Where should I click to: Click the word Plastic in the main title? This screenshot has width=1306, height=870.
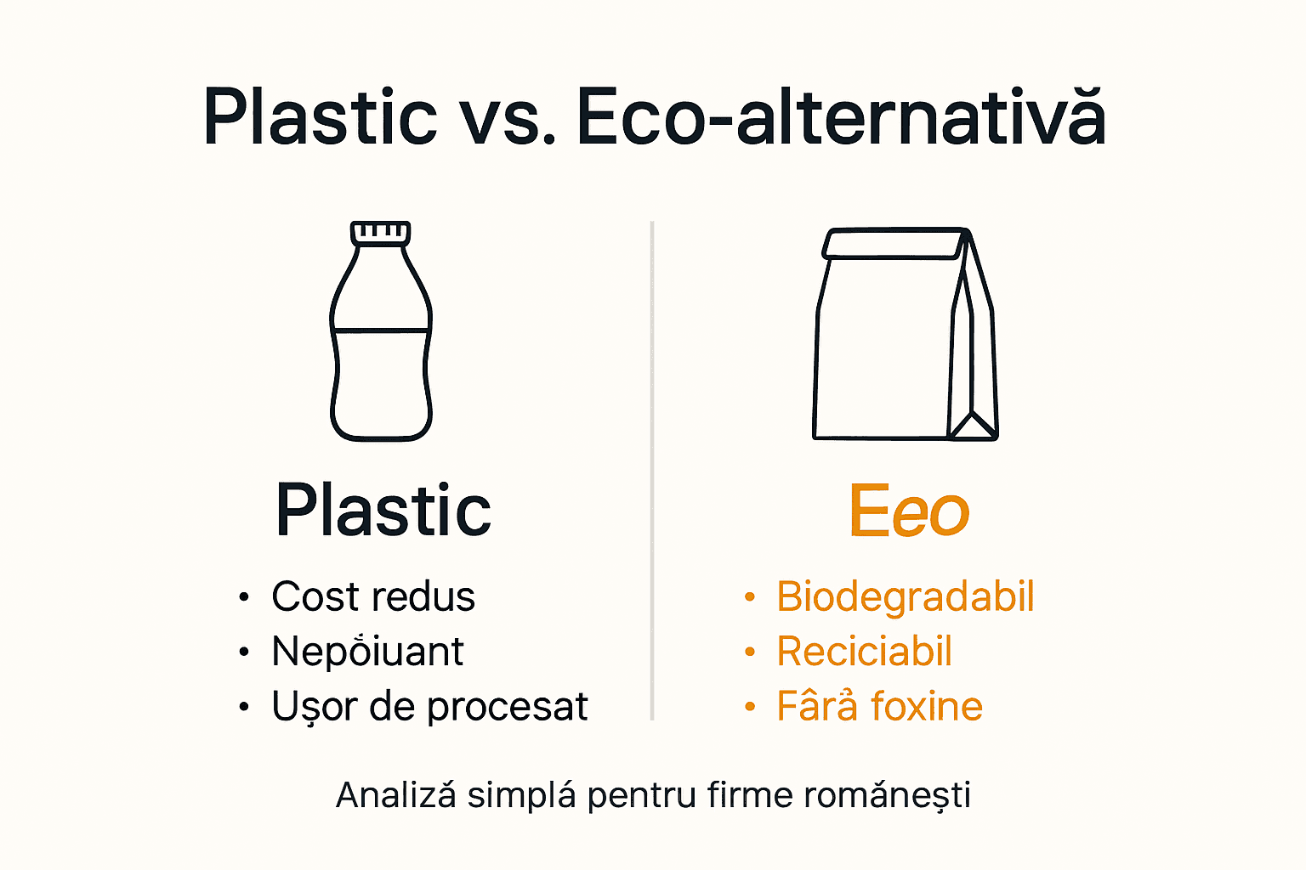(x=320, y=117)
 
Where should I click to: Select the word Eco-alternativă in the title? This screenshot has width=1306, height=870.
(x=840, y=117)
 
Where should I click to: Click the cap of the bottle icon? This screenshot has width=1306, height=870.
(x=381, y=233)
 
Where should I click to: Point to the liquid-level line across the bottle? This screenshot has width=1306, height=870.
(x=381, y=330)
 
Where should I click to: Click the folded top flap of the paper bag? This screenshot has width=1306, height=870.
(x=894, y=244)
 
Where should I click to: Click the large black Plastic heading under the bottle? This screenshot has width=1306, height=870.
(x=383, y=511)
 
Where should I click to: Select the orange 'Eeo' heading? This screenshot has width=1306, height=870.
(x=908, y=511)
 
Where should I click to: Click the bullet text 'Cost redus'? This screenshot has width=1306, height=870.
(x=372, y=596)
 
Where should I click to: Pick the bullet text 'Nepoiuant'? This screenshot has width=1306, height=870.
(x=367, y=652)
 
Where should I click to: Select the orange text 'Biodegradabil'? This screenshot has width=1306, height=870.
(x=905, y=596)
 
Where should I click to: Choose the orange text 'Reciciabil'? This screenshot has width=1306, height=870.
(x=864, y=652)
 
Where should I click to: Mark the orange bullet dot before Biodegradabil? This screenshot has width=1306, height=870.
(x=749, y=597)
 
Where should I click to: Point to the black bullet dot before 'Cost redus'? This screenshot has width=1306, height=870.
(x=244, y=597)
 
